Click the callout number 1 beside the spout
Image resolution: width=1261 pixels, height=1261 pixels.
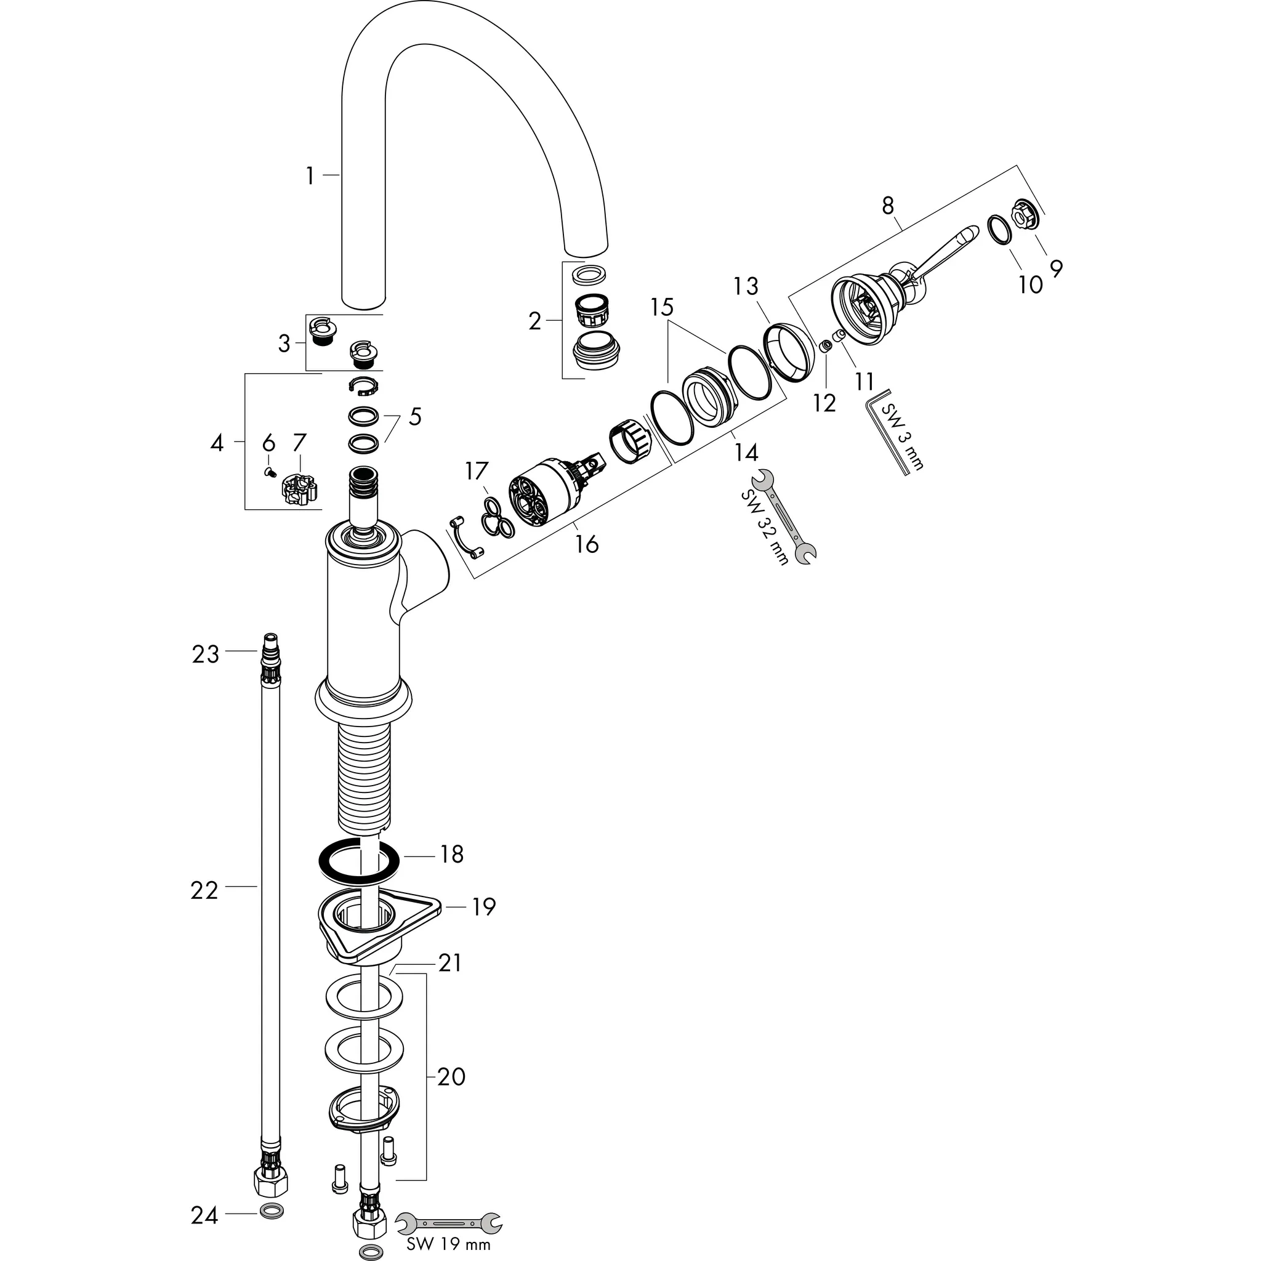pyautogui.click(x=310, y=176)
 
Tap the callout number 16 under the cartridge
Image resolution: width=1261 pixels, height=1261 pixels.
pyautogui.click(x=587, y=543)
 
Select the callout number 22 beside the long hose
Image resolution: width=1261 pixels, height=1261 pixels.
pyautogui.click(x=204, y=890)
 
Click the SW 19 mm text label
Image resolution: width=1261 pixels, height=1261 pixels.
pyautogui.click(x=448, y=1243)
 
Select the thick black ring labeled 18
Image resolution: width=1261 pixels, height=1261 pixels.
pyautogui.click(x=359, y=861)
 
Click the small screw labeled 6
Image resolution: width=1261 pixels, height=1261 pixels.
pyautogui.click(x=269, y=472)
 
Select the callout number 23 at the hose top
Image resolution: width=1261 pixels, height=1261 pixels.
pyautogui.click(x=205, y=654)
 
